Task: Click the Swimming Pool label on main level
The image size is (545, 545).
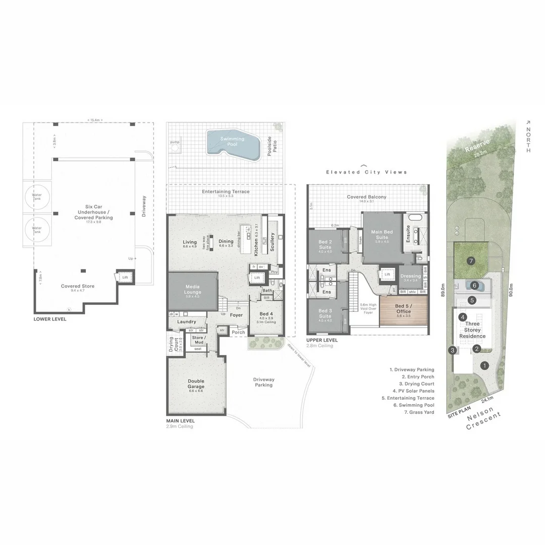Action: [232, 142]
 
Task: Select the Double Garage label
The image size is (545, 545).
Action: [196, 384]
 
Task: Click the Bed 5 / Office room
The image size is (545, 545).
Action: [403, 309]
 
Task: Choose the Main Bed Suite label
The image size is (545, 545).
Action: [382, 235]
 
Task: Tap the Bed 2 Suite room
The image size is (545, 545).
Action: [325, 245]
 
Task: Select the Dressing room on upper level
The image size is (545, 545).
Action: [410, 278]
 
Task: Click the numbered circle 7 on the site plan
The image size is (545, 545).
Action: [470, 261]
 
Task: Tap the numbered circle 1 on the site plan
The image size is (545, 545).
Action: [484, 365]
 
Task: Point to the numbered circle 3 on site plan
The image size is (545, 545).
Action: [453, 350]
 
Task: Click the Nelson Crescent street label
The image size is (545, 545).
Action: [484, 420]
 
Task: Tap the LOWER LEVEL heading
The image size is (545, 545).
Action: [49, 319]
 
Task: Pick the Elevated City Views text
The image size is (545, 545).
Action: [366, 172]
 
